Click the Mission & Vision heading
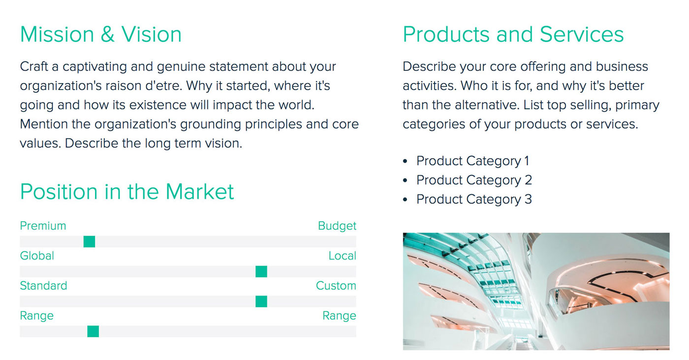[x=101, y=34]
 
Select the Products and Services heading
[x=513, y=34]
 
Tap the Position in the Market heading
[x=127, y=191]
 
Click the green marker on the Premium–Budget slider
[x=89, y=241]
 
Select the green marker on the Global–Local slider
[x=261, y=271]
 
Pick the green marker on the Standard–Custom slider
[x=261, y=301]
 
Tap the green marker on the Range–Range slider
[x=93, y=331]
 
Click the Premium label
[x=43, y=226]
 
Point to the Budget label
[x=337, y=226]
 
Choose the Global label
[x=37, y=256]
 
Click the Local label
[x=342, y=256]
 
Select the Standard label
[x=43, y=286]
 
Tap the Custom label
[x=336, y=286]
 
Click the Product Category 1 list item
[x=472, y=161]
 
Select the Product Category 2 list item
[x=474, y=180]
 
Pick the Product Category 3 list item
[x=474, y=200]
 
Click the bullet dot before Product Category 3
[x=405, y=200]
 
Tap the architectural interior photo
[x=536, y=291]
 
